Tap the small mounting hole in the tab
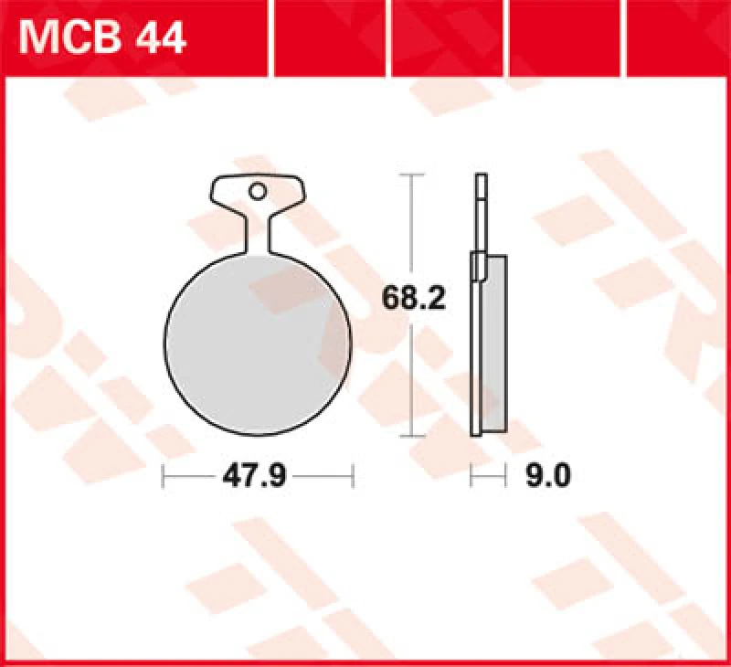(x=259, y=192)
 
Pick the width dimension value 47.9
(x=257, y=476)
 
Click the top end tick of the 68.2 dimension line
(x=413, y=173)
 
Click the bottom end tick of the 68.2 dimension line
(x=413, y=435)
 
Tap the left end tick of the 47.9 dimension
(x=164, y=476)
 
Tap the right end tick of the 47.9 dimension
(x=352, y=476)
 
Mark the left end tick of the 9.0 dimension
(x=471, y=476)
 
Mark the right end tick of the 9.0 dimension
(x=506, y=476)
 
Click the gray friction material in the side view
(x=493, y=343)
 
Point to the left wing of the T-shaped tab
(x=227, y=193)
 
